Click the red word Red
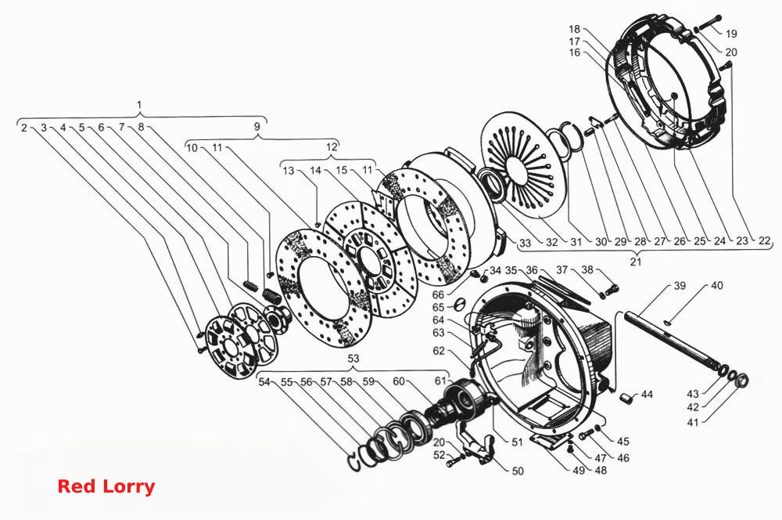pyautogui.click(x=76, y=486)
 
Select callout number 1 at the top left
pyautogui.click(x=139, y=105)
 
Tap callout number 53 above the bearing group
pyautogui.click(x=353, y=359)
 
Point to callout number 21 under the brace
pyautogui.click(x=635, y=262)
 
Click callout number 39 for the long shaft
pyautogui.click(x=680, y=286)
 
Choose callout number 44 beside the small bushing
pyautogui.click(x=647, y=395)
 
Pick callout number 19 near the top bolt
pyautogui.click(x=731, y=34)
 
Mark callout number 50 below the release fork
pyautogui.click(x=518, y=471)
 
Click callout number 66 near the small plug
pyautogui.click(x=438, y=294)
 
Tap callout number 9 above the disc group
pyautogui.click(x=256, y=126)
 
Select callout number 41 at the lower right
pyautogui.click(x=693, y=423)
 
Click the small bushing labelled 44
pyautogui.click(x=626, y=399)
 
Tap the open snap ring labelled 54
pyautogui.click(x=355, y=463)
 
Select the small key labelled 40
pyautogui.click(x=668, y=322)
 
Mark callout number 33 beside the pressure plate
pyautogui.click(x=525, y=244)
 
